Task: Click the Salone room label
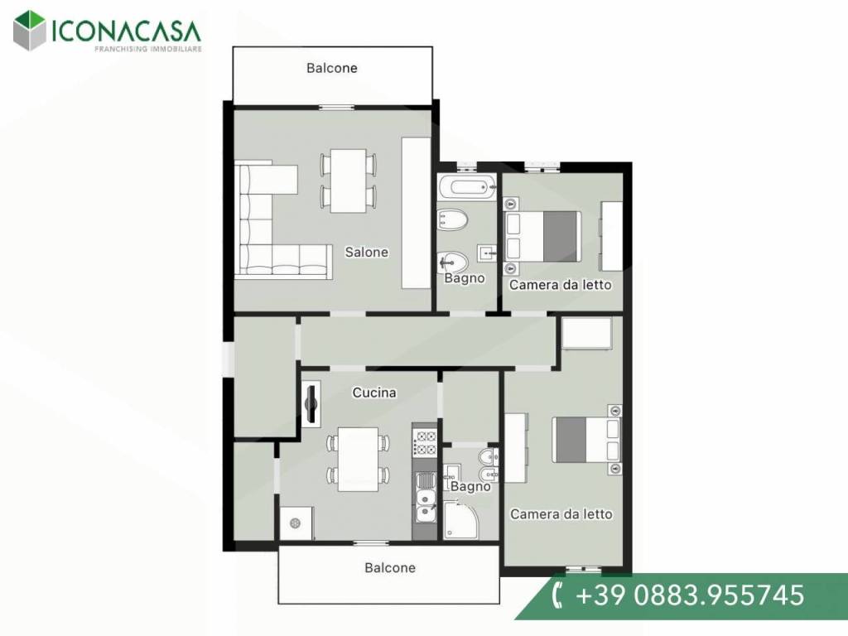pyautogui.click(x=366, y=252)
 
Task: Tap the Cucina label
pyautogui.click(x=373, y=393)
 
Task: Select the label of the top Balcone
pyautogui.click(x=331, y=68)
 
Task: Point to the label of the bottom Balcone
pyautogui.click(x=390, y=568)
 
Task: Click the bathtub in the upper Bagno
pyautogui.click(x=466, y=187)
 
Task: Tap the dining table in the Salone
pyautogui.click(x=349, y=181)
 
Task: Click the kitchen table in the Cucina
pyautogui.click(x=358, y=459)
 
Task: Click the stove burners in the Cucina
pyautogui.click(x=425, y=442)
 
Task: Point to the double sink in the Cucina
pyautogui.click(x=425, y=497)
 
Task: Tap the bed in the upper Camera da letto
pyautogui.click(x=542, y=236)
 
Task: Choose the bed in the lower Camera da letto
pyautogui.click(x=586, y=440)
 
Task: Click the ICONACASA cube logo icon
pyautogui.click(x=30, y=31)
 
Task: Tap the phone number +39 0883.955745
pyautogui.click(x=690, y=595)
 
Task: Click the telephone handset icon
pyautogui.click(x=557, y=595)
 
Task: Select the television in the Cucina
pyautogui.click(x=311, y=404)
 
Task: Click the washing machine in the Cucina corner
pyautogui.click(x=296, y=523)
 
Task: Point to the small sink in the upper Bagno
pyautogui.click(x=486, y=253)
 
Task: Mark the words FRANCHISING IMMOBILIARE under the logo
pyautogui.click(x=148, y=49)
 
